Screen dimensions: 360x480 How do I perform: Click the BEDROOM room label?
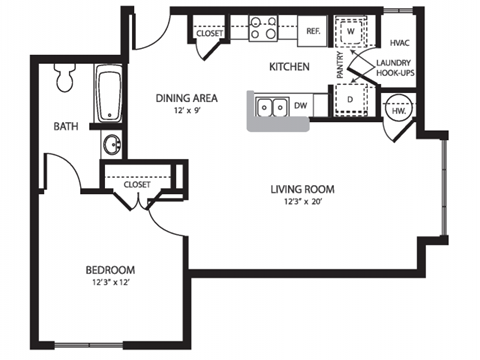pos(110,270)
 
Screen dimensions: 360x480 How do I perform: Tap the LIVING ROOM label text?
pos(302,189)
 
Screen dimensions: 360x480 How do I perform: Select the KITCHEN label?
pos(289,67)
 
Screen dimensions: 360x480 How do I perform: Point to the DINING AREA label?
pos(187,98)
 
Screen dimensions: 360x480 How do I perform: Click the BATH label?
pos(67,126)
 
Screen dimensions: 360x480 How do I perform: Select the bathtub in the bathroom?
pos(109,96)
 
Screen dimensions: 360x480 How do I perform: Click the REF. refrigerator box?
pos(312,31)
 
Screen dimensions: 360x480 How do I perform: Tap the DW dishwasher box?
pos(300,104)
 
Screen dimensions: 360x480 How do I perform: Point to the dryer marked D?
pos(351,99)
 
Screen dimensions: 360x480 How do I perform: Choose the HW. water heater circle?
pos(397,109)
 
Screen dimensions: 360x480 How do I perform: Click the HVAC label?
pos(400,43)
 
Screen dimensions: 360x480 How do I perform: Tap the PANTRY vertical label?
pos(340,66)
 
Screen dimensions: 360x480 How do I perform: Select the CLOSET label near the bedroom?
pos(137,184)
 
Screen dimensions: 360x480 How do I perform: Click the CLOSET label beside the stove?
pos(210,33)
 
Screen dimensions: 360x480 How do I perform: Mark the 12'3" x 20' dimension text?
pos(302,203)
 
